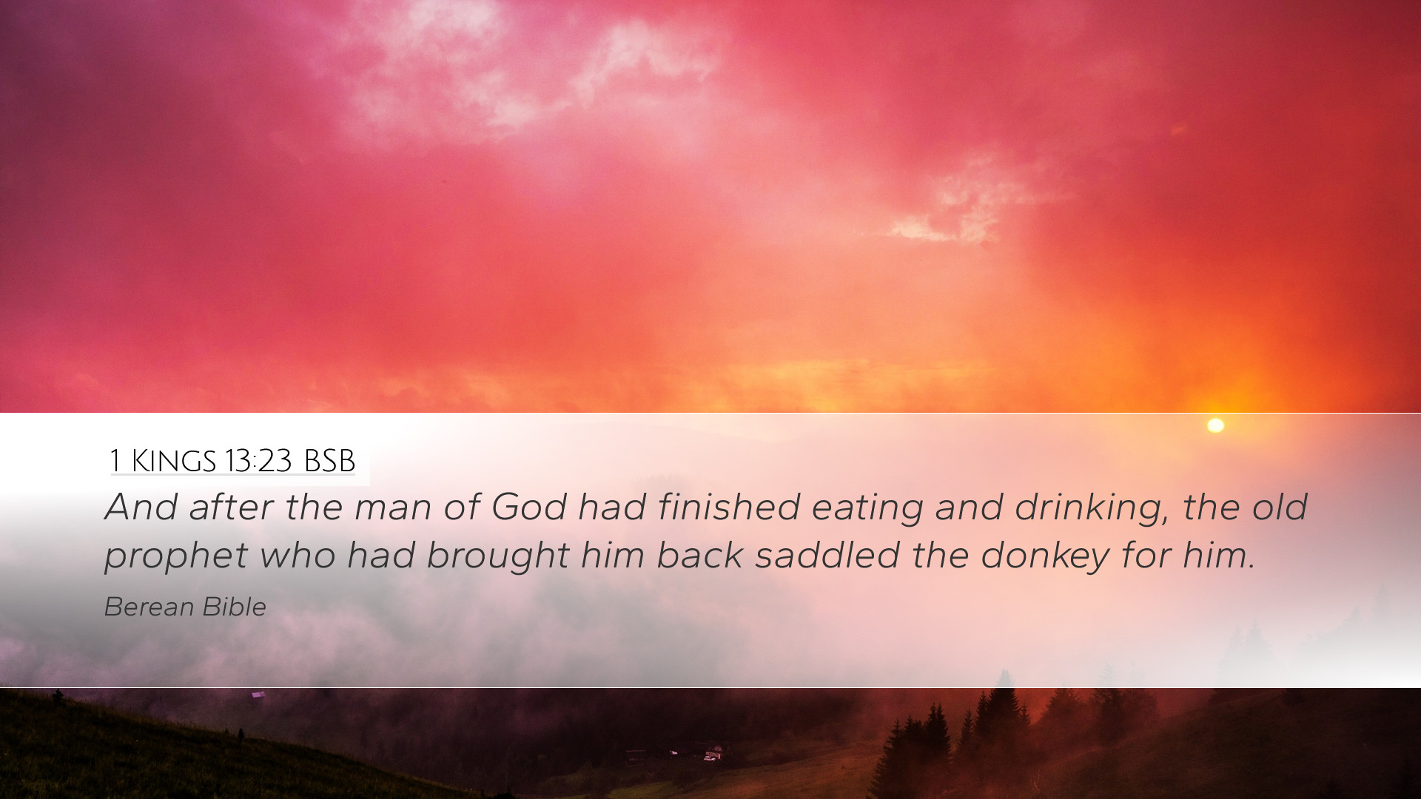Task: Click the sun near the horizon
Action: (1215, 425)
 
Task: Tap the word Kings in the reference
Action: (173, 461)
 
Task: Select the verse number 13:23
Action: (258, 461)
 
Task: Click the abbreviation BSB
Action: (329, 461)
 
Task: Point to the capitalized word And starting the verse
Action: (141, 508)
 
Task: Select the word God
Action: (529, 508)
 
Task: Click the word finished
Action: (728, 508)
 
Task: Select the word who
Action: (298, 556)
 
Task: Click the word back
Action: (699, 556)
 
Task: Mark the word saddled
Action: (827, 556)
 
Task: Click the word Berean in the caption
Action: (149, 607)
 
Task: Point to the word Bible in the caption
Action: (234, 607)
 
